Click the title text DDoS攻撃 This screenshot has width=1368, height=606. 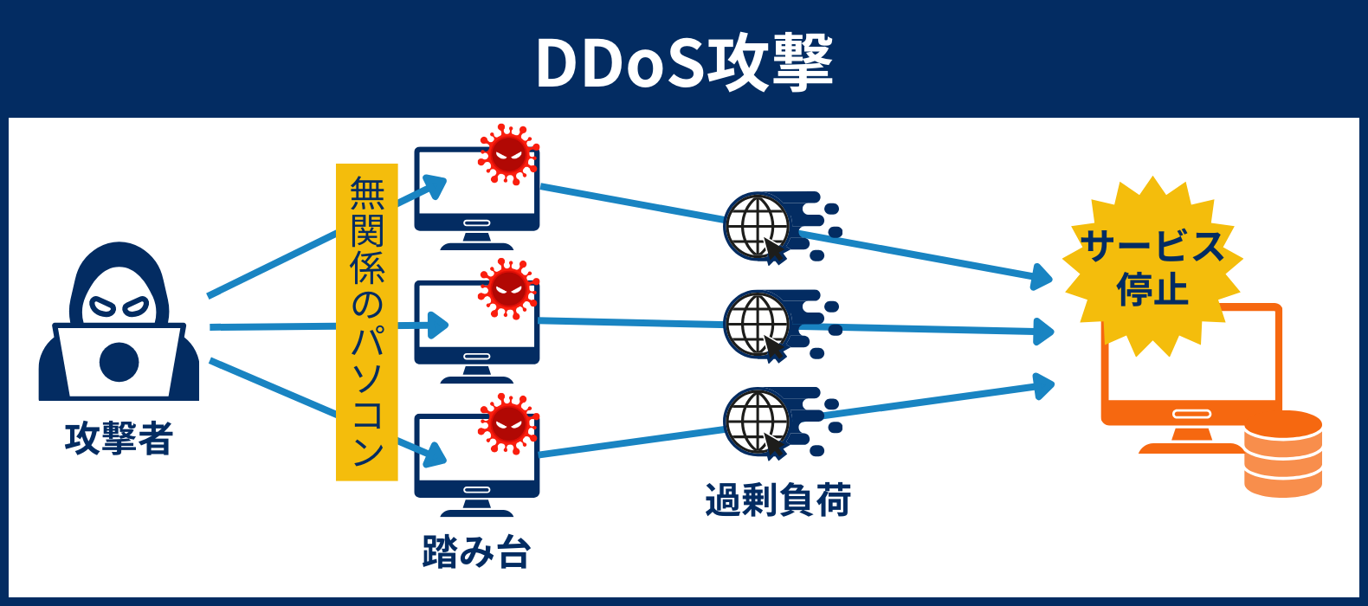(684, 62)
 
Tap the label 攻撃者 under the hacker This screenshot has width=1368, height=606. (119, 438)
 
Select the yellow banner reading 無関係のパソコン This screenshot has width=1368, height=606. (366, 321)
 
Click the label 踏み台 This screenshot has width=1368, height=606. (476, 551)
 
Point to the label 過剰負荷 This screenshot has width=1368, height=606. (778, 500)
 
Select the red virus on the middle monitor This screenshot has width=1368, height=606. (508, 288)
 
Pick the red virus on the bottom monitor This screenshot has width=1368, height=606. (508, 422)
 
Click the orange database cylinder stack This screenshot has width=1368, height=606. (1282, 454)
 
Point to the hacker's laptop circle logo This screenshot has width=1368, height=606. (119, 362)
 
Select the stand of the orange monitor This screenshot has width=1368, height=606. (1189, 438)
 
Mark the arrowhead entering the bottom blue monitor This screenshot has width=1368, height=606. (436, 455)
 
